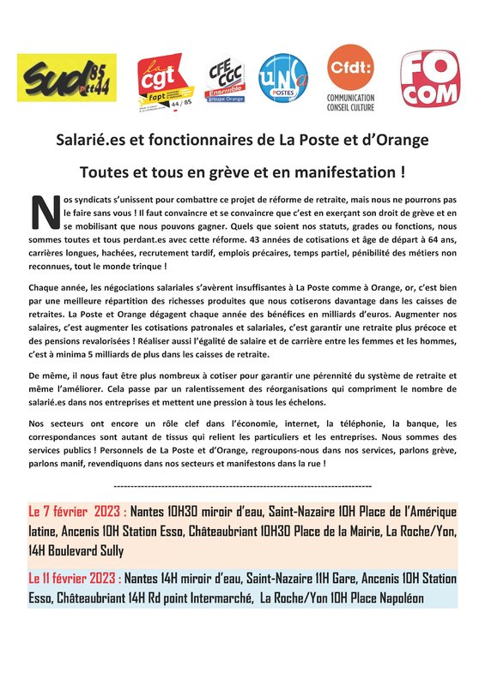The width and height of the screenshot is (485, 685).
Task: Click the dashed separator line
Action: pos(243,485)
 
